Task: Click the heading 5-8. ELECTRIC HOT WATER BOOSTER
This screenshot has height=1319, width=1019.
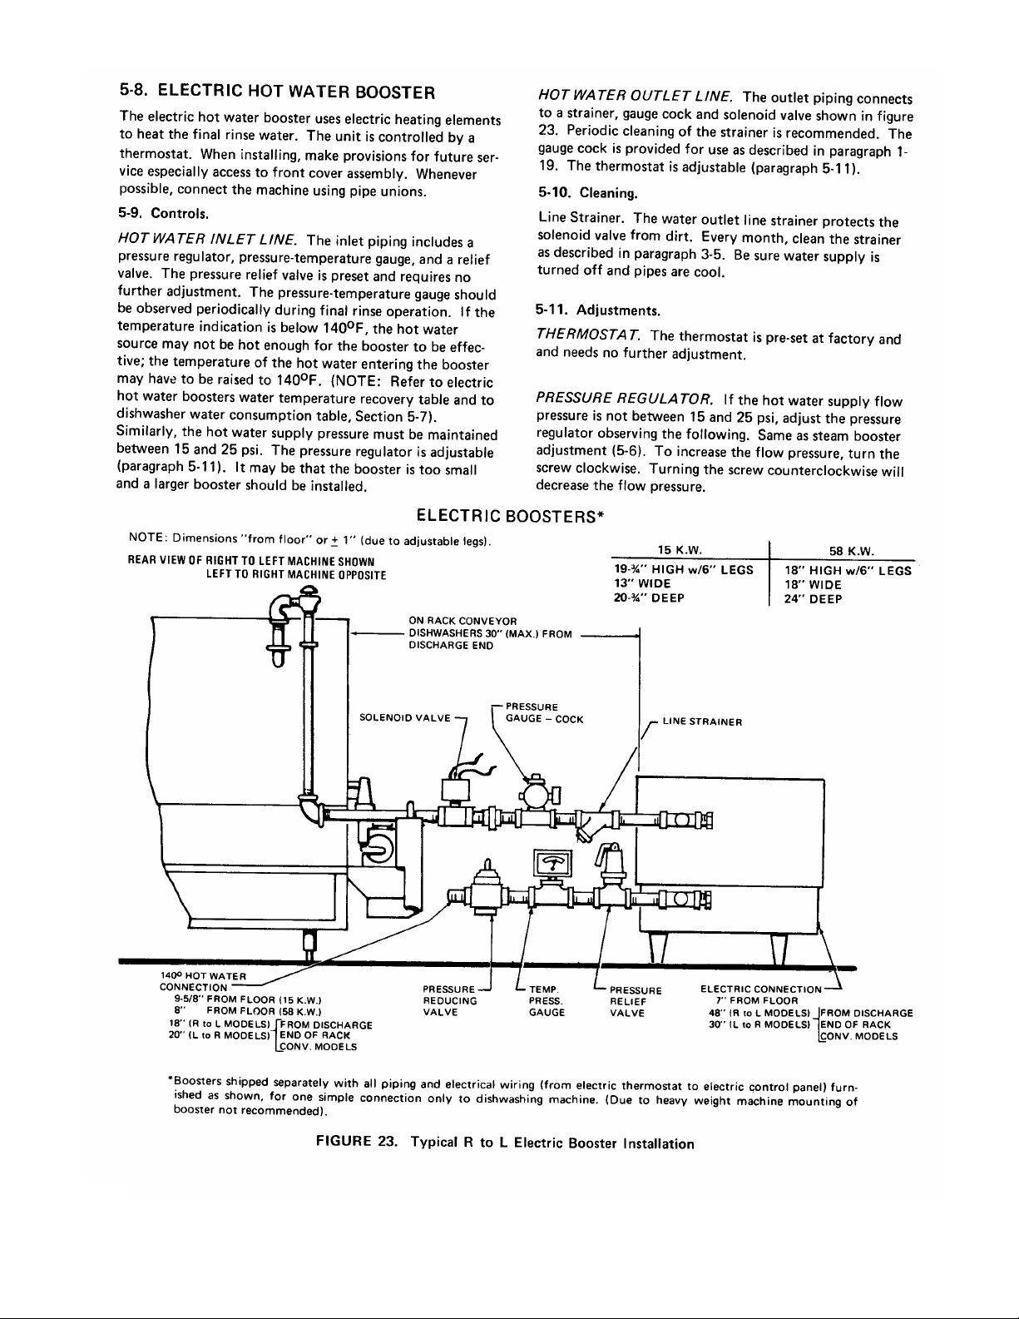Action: (x=279, y=91)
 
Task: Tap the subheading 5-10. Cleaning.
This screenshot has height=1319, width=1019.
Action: (x=587, y=193)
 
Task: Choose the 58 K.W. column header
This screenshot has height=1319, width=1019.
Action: (x=846, y=550)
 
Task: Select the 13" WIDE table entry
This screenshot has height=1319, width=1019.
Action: (x=642, y=584)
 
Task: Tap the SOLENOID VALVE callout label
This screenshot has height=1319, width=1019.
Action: (x=404, y=717)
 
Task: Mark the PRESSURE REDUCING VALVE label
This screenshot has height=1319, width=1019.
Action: (x=450, y=1001)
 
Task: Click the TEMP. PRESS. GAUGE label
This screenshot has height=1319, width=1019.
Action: (x=547, y=1001)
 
